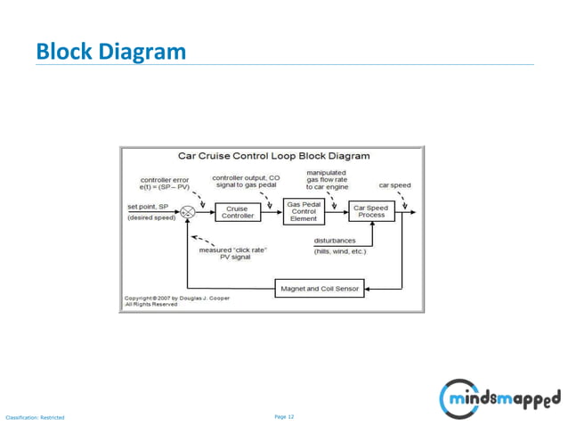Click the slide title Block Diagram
pyautogui.click(x=110, y=52)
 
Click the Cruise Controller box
pyautogui.click(x=237, y=212)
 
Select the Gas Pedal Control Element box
pyautogui.click(x=304, y=211)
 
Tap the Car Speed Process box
pyautogui.click(x=370, y=212)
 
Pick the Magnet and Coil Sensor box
pyautogui.click(x=320, y=289)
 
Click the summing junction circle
pyautogui.click(x=188, y=212)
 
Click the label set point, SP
pyautogui.click(x=148, y=206)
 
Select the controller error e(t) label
pyautogui.click(x=165, y=184)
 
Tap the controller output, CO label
pyautogui.click(x=246, y=181)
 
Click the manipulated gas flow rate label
pyautogui.click(x=327, y=180)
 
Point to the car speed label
pyautogui.click(x=394, y=185)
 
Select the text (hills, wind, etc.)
pyautogui.click(x=339, y=251)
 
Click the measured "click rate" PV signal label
pyautogui.click(x=232, y=253)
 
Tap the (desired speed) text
pyautogui.click(x=151, y=217)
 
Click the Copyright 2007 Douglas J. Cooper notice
pyautogui.click(x=175, y=300)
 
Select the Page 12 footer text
pyautogui.click(x=284, y=416)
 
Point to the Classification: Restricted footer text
pyautogui.click(x=36, y=417)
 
